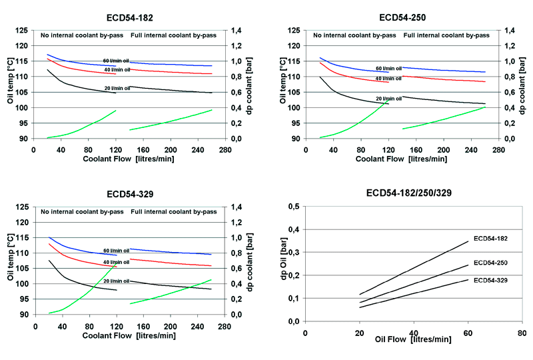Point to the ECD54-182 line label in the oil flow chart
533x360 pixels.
492,237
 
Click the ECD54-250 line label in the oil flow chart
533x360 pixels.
492,263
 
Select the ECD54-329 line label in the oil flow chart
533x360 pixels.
492,281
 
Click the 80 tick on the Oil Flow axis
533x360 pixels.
522,331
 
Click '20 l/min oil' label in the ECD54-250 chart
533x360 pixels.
388,99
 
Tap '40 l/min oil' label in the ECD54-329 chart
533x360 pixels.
117,262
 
